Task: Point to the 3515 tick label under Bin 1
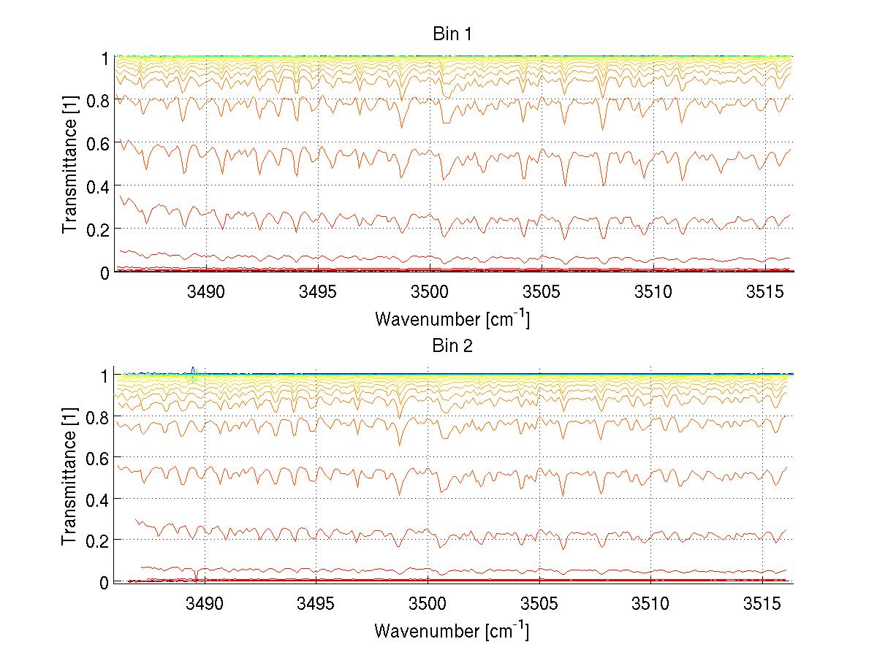pos(762,293)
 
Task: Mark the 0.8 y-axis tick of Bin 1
pos(97,100)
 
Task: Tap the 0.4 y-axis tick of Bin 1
pos(97,186)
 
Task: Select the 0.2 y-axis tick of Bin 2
pos(97,540)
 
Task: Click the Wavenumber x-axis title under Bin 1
pos(452,318)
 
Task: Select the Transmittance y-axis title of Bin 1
pos(70,164)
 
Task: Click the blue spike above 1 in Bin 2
pos(192,370)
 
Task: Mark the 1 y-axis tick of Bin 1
pos(105,57)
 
